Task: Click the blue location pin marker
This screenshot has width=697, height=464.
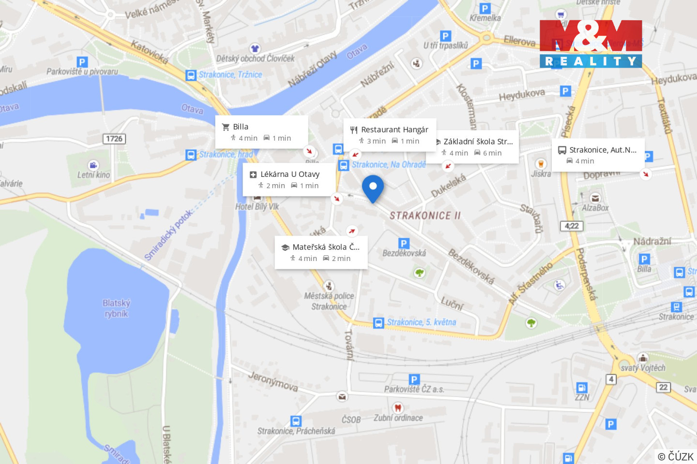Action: [x=373, y=187]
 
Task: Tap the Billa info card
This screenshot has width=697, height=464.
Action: [x=261, y=132]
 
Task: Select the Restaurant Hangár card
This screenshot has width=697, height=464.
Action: [x=390, y=135]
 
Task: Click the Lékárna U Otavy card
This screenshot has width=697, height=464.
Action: [x=289, y=179]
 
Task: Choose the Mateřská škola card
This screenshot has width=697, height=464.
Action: [x=321, y=252]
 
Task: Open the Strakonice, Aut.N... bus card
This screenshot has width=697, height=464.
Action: [x=598, y=155]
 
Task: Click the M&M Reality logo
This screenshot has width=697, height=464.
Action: [x=591, y=43]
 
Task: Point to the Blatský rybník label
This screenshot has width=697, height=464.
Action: [x=116, y=308]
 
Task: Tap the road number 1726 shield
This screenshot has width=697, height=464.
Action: [x=114, y=139]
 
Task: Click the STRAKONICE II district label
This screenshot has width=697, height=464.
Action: [x=425, y=216]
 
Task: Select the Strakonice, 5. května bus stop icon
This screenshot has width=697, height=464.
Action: [x=379, y=323]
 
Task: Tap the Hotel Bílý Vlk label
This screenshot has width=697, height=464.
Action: [x=257, y=207]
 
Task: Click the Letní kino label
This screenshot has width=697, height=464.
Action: [x=93, y=175]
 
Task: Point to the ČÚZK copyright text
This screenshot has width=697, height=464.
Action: [x=676, y=456]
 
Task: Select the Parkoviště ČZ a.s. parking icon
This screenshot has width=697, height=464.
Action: [x=414, y=379]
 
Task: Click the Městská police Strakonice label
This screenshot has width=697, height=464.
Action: [x=329, y=301]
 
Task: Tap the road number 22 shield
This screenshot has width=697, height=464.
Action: [x=663, y=387]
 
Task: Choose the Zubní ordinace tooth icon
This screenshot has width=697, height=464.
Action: [x=397, y=407]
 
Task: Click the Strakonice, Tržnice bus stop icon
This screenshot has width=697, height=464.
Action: [x=191, y=75]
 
